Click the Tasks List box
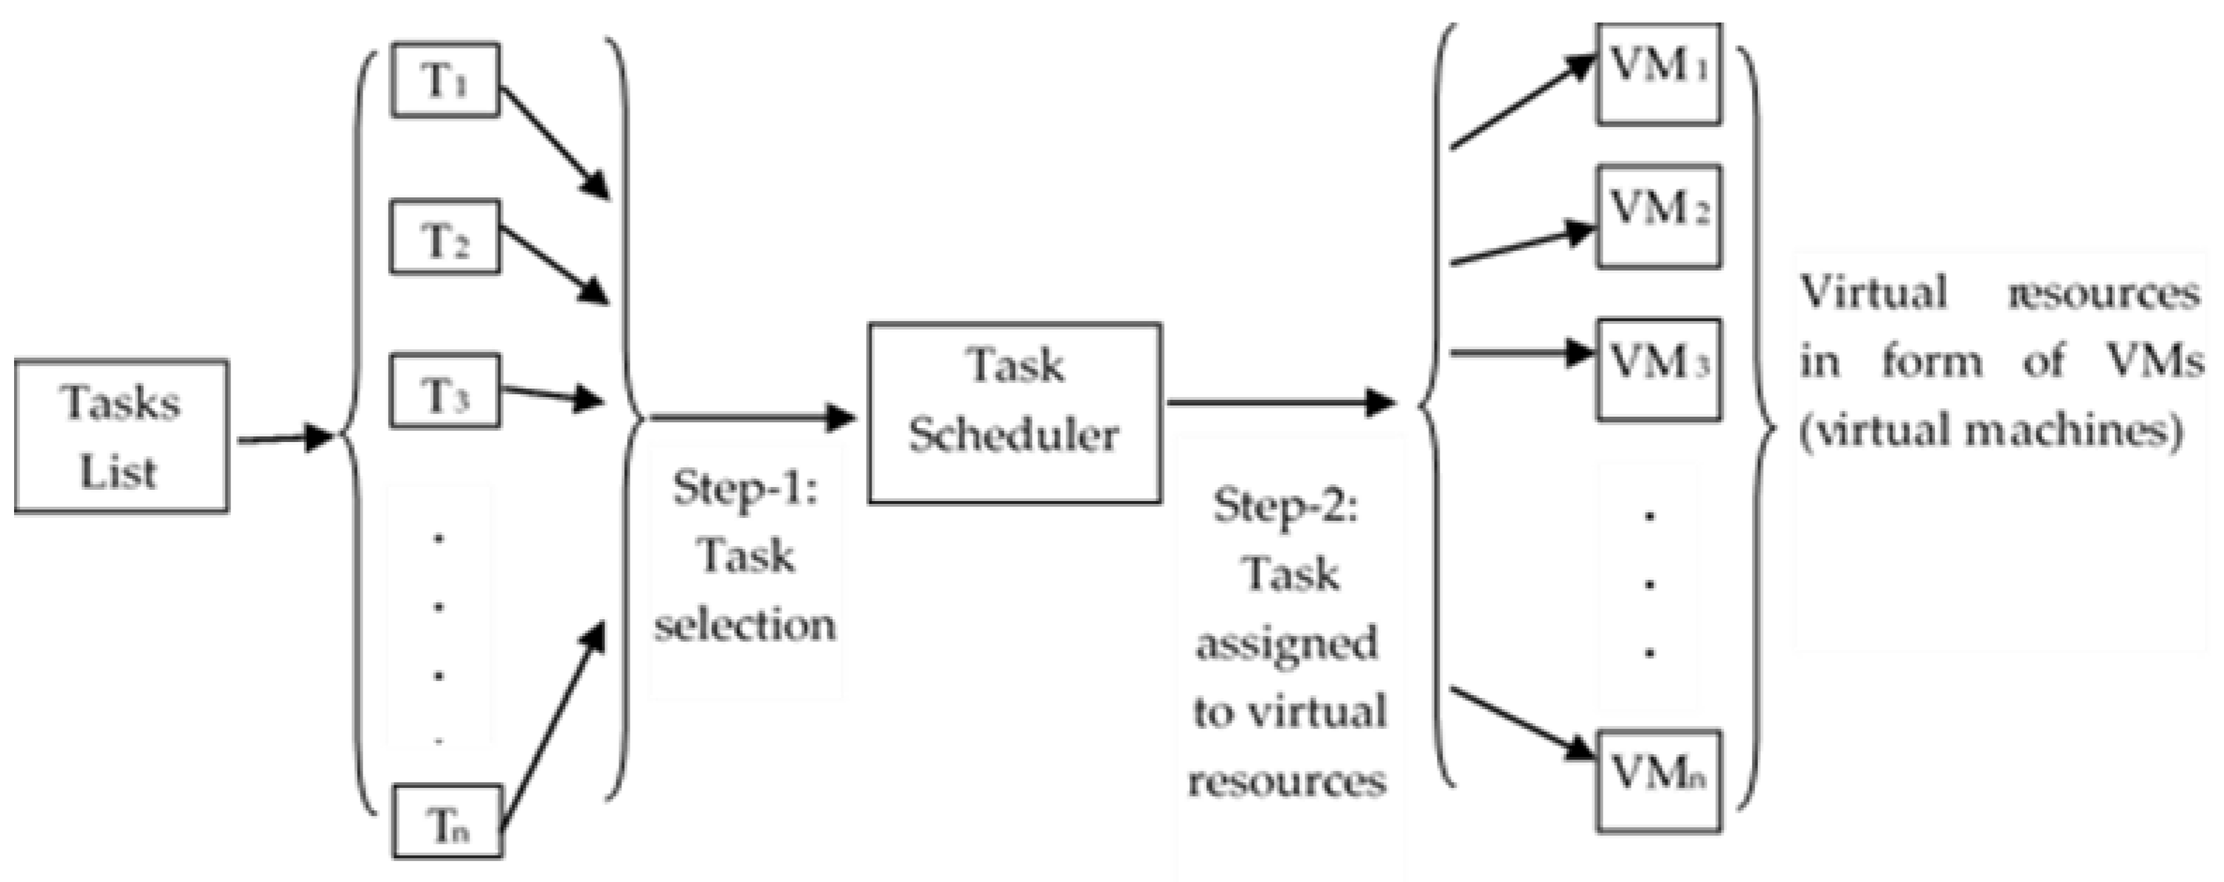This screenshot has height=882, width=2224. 122,436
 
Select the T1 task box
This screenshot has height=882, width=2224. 446,79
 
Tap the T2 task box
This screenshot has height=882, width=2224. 446,238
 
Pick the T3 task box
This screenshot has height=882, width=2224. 446,391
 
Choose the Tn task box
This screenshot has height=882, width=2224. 447,822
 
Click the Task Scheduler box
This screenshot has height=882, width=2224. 1014,413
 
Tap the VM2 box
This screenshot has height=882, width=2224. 1658,216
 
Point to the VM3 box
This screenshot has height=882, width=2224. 1658,370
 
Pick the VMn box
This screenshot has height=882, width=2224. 1658,781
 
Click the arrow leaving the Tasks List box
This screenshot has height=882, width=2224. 285,439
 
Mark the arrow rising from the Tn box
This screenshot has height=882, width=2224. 553,726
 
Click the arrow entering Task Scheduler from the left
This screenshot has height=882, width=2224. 752,417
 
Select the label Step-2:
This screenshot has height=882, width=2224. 1286,506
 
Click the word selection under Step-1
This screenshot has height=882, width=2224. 745,625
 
